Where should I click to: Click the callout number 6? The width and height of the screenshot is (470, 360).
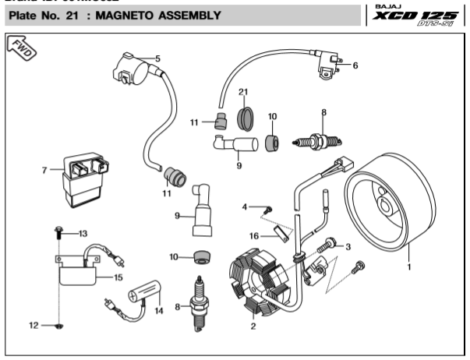[x=355, y=65]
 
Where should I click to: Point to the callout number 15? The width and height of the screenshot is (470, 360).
[x=118, y=277]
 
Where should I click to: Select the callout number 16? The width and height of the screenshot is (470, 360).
[x=253, y=235]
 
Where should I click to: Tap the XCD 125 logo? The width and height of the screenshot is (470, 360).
[x=417, y=15]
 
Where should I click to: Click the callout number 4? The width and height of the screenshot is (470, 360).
[x=245, y=207]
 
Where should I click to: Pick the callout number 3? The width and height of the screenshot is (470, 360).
[x=348, y=246]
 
